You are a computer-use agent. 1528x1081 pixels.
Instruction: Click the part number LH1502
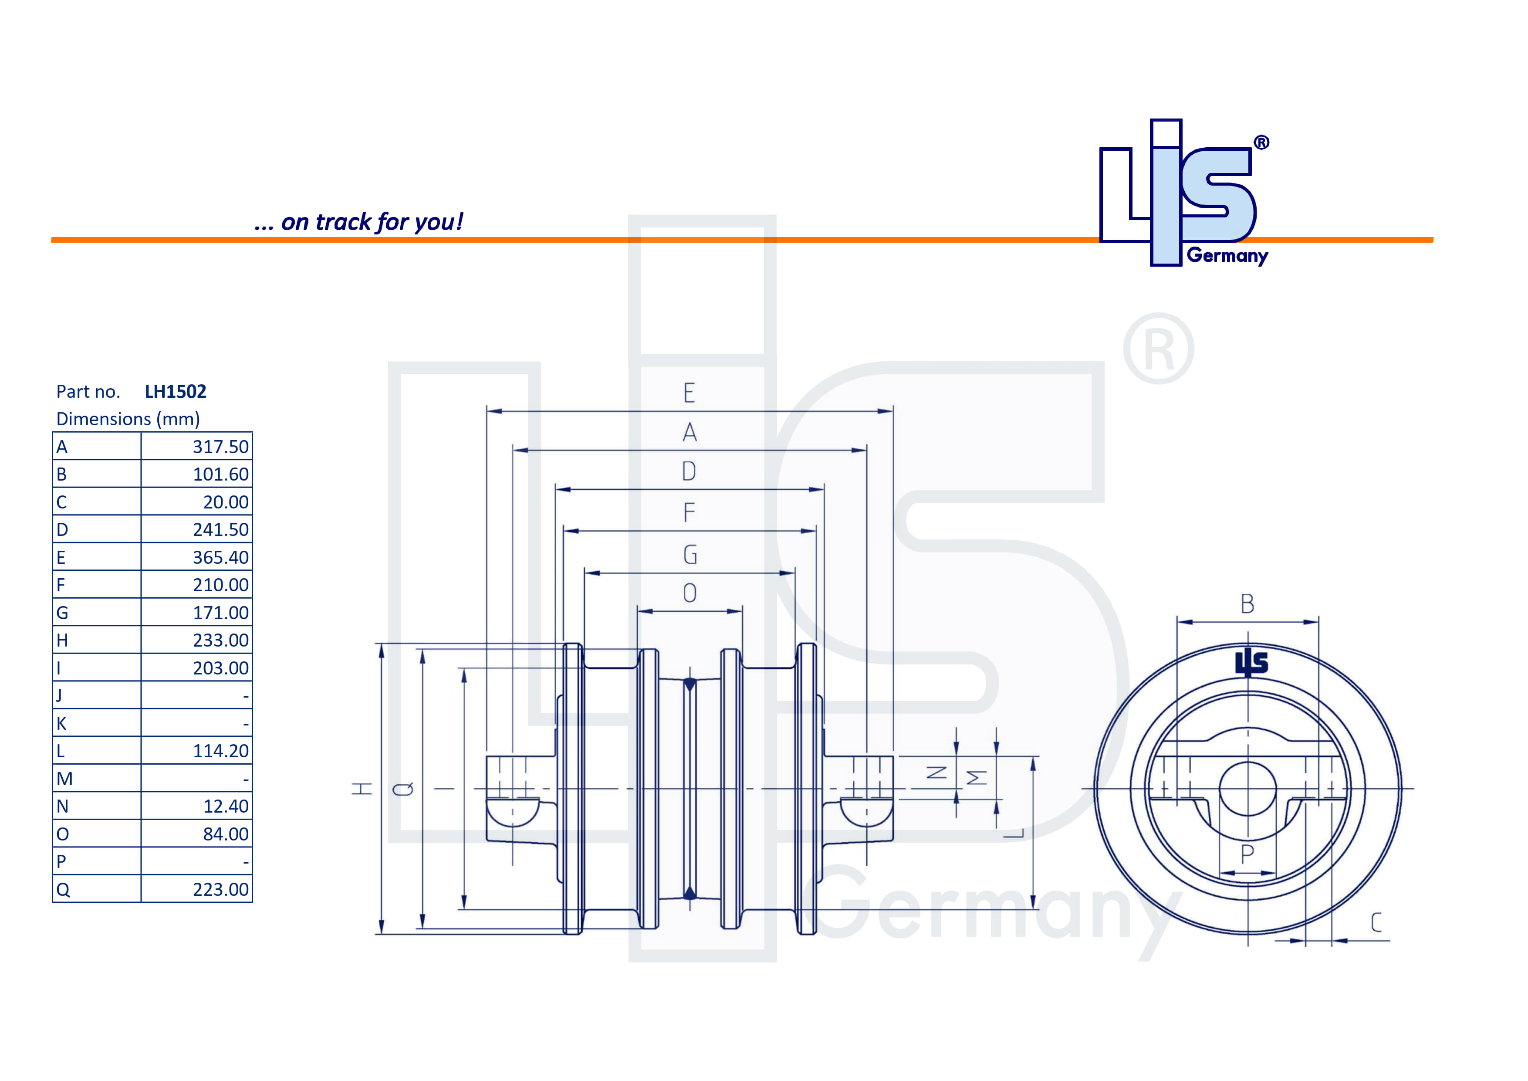tap(176, 391)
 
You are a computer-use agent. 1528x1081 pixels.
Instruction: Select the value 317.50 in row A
tap(220, 447)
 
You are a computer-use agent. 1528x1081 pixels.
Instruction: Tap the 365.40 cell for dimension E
tap(220, 557)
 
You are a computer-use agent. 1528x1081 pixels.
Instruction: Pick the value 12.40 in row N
tap(226, 806)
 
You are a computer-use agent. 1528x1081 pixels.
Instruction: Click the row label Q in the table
tap(63, 889)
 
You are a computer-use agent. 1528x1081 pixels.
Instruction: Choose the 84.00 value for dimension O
tap(226, 834)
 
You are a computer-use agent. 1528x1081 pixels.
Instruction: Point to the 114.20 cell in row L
tap(220, 751)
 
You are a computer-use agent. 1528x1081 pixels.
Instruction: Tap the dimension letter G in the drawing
tap(690, 555)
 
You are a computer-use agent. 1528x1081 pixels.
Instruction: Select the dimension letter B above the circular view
tap(1247, 604)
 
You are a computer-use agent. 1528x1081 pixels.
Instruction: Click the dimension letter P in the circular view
tap(1247, 854)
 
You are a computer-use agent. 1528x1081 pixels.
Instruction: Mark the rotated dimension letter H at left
tap(362, 789)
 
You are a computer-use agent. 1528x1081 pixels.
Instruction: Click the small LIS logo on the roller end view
tap(1251, 663)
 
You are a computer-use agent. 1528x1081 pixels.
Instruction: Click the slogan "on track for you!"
tap(359, 222)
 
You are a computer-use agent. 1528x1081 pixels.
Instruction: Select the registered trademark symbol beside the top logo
tap(1261, 142)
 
